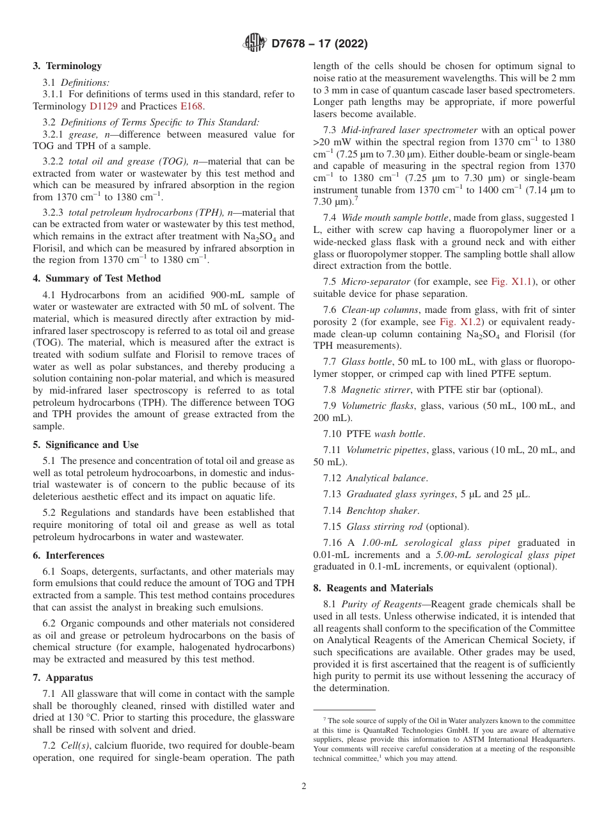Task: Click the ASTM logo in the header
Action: [x=254, y=44]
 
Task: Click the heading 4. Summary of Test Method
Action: [x=97, y=278]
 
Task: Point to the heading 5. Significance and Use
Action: [x=86, y=445]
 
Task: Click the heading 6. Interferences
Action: [x=68, y=555]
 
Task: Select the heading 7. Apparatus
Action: [x=63, y=678]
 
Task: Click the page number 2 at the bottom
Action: [x=304, y=786]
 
